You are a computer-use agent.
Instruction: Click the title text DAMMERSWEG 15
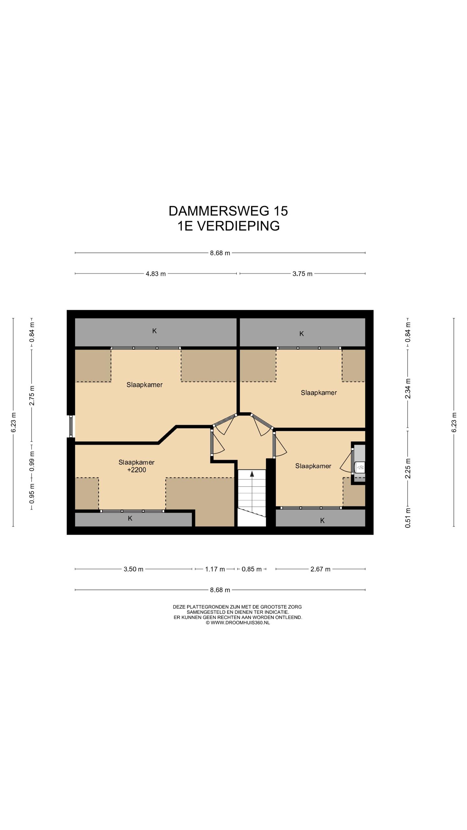click(x=228, y=211)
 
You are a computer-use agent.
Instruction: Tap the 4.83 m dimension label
click(x=156, y=274)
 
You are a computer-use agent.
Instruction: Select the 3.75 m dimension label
click(x=302, y=274)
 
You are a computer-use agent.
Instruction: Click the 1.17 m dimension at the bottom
click(x=215, y=569)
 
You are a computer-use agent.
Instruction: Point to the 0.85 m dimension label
click(x=252, y=569)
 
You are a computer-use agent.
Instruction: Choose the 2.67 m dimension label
click(x=320, y=569)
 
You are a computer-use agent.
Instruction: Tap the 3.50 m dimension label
click(x=133, y=569)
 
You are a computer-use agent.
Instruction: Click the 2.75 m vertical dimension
click(x=32, y=396)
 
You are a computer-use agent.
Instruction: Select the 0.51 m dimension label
click(x=408, y=517)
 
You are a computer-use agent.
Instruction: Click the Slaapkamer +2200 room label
click(x=136, y=466)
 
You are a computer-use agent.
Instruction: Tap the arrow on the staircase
click(x=252, y=474)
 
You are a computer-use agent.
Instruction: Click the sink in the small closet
click(x=360, y=467)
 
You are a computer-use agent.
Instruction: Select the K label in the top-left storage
click(x=155, y=331)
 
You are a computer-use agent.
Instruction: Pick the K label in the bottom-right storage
click(x=322, y=520)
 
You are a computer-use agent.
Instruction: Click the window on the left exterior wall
click(x=71, y=426)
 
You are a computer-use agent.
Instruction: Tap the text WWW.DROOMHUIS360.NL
click(x=240, y=622)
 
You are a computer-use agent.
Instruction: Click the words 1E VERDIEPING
click(x=228, y=226)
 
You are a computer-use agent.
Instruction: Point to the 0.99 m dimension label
click(x=32, y=461)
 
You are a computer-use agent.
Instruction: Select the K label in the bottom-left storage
click(x=130, y=518)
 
